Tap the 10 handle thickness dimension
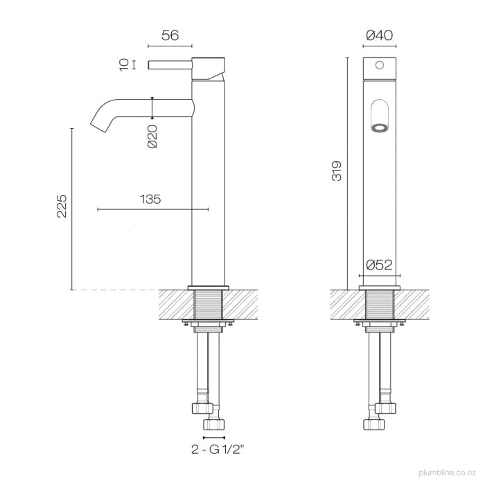(124, 65)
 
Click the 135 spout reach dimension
(150, 200)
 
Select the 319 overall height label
(337, 171)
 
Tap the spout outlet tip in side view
(96, 125)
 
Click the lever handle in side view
(173, 66)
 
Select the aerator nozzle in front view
(379, 127)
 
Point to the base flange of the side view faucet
(209, 286)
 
